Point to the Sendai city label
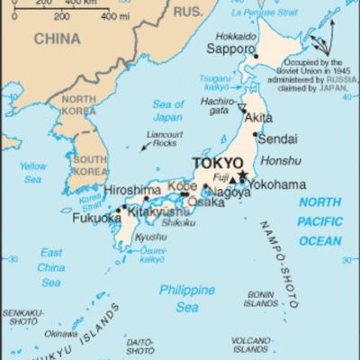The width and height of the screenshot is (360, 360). pyautogui.click(x=276, y=139)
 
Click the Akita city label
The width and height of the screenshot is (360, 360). pyautogui.click(x=259, y=117)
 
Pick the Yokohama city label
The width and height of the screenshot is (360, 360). pyautogui.click(x=278, y=184)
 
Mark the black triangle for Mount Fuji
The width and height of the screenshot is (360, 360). pyautogui.click(x=231, y=177)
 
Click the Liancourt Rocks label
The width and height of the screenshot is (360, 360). pyautogui.click(x=160, y=139)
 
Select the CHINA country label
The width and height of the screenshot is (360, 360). pyautogui.click(x=57, y=38)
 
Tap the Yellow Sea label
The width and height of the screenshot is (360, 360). pyautogui.click(x=33, y=172)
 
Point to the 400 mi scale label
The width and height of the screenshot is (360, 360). pyautogui.click(x=114, y=16)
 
